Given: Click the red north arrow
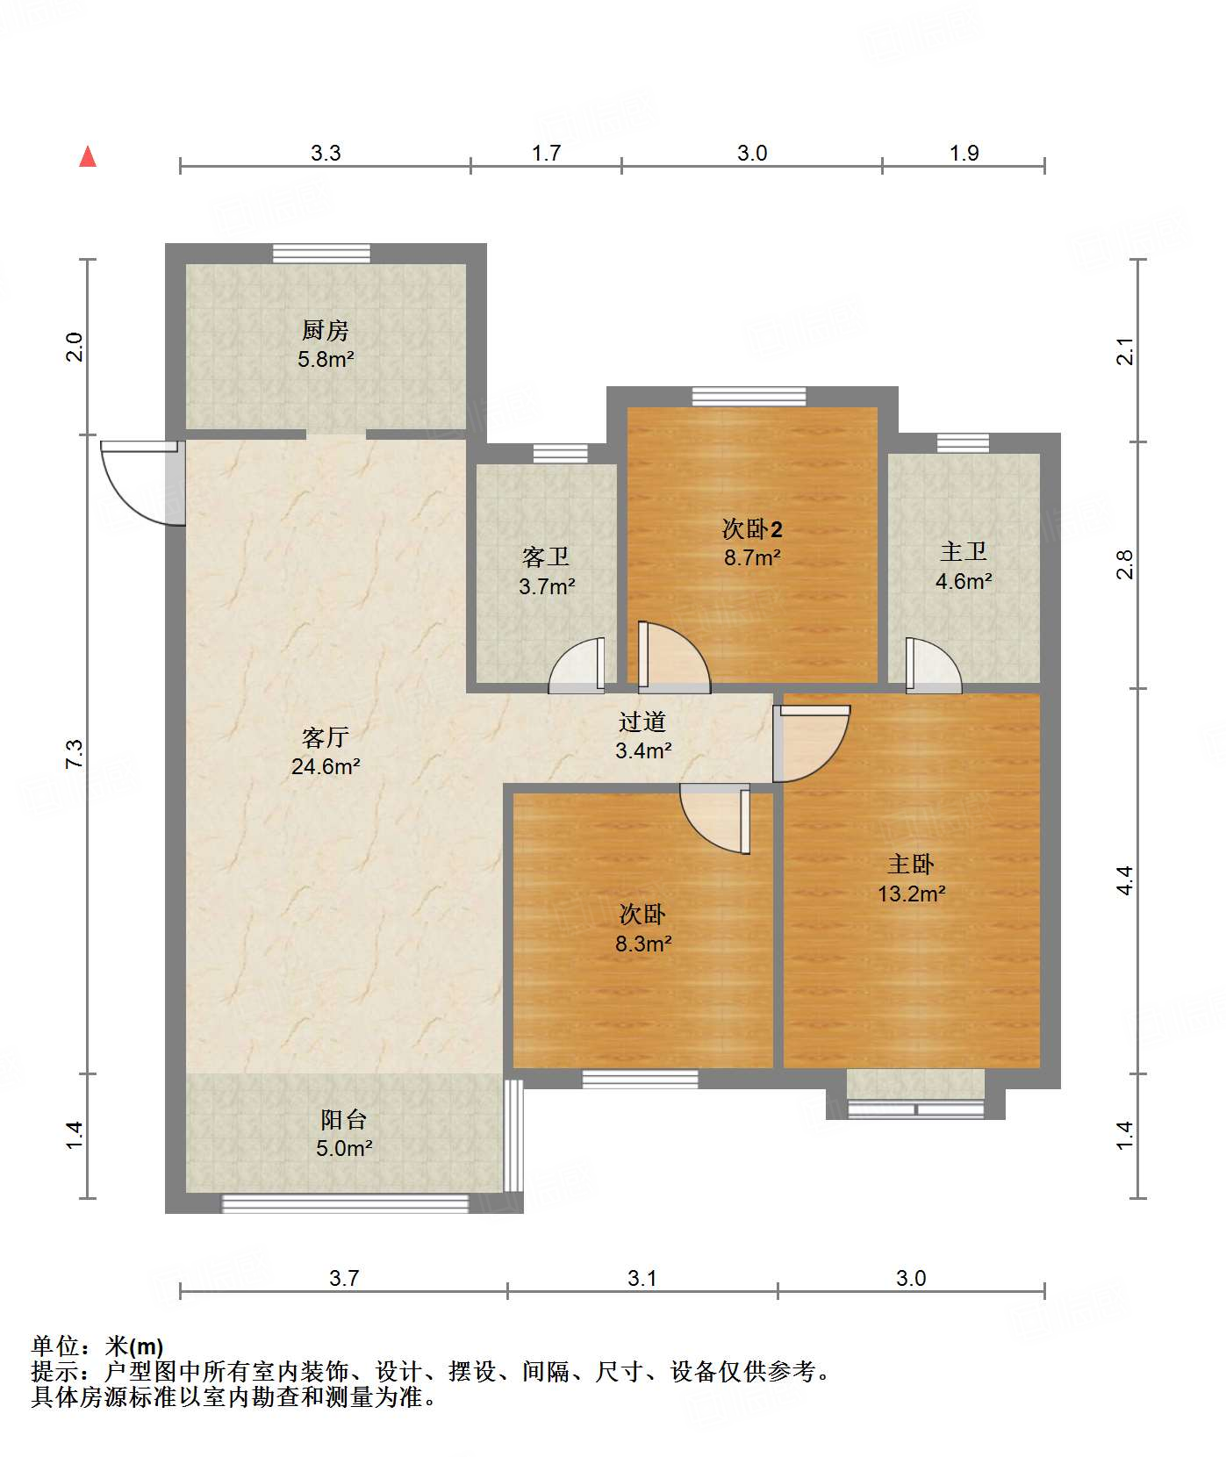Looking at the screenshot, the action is point(88,156).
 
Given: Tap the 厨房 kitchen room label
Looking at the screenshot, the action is point(326,330).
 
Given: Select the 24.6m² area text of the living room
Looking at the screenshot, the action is point(326,766).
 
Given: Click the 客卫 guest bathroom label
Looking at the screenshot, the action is point(546,556).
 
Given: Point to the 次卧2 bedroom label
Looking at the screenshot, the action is point(752,528).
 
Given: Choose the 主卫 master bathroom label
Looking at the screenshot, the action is point(964,551).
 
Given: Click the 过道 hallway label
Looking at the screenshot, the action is point(642,721).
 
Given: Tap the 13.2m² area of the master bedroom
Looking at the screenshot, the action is point(912,894).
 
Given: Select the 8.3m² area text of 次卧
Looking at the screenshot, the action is point(643,944).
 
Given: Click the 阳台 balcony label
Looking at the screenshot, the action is point(344,1119).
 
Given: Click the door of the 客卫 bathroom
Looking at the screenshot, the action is point(577,664).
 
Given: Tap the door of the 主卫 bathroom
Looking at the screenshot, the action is point(933,664).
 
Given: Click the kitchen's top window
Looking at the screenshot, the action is point(321,253).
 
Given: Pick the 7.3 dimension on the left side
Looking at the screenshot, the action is point(74,755).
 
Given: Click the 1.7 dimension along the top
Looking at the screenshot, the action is point(546,153).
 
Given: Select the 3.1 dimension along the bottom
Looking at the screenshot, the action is point(642,1278).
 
